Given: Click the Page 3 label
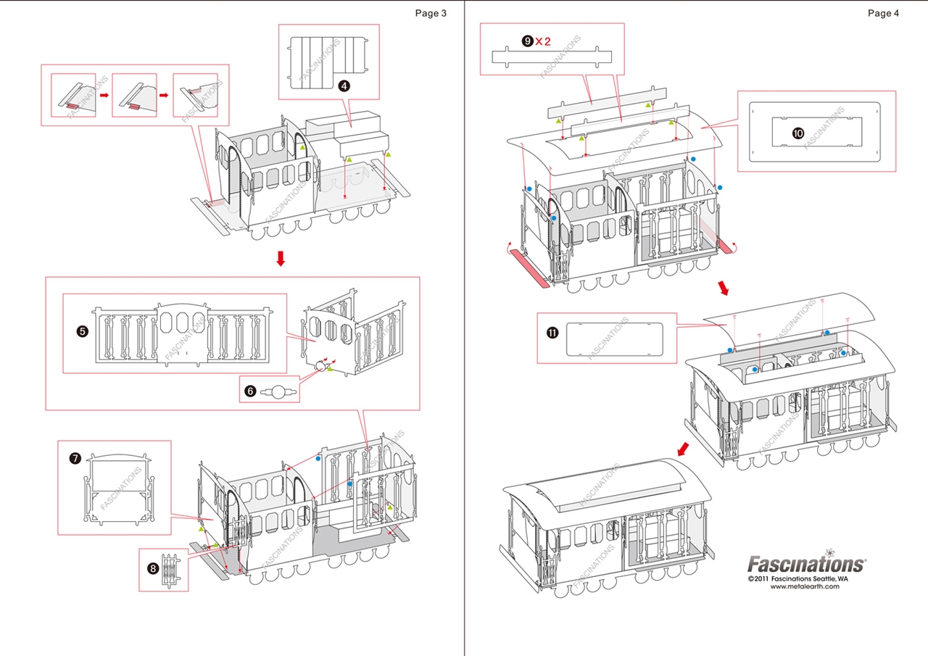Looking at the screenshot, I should pos(431,13).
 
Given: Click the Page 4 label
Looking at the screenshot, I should pos(883,13).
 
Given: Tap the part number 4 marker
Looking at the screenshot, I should pos(344,86).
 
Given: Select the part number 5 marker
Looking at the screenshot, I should pos(82,331).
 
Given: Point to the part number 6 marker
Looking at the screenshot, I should pos(250,391).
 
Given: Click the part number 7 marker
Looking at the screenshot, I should pos(75,458).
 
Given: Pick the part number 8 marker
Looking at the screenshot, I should pos(153,568).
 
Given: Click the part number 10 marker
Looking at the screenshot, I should pos(797,133).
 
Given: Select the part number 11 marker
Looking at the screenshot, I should pos(552,333).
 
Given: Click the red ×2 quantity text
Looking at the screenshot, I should pos(543,41).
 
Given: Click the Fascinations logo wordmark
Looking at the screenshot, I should pos(805,563).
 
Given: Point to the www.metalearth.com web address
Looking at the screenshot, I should pos(805,586).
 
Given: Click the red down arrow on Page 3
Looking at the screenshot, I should pos(281,259).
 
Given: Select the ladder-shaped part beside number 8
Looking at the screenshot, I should pos(171,569).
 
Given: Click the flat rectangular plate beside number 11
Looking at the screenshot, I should pos(614,339).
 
